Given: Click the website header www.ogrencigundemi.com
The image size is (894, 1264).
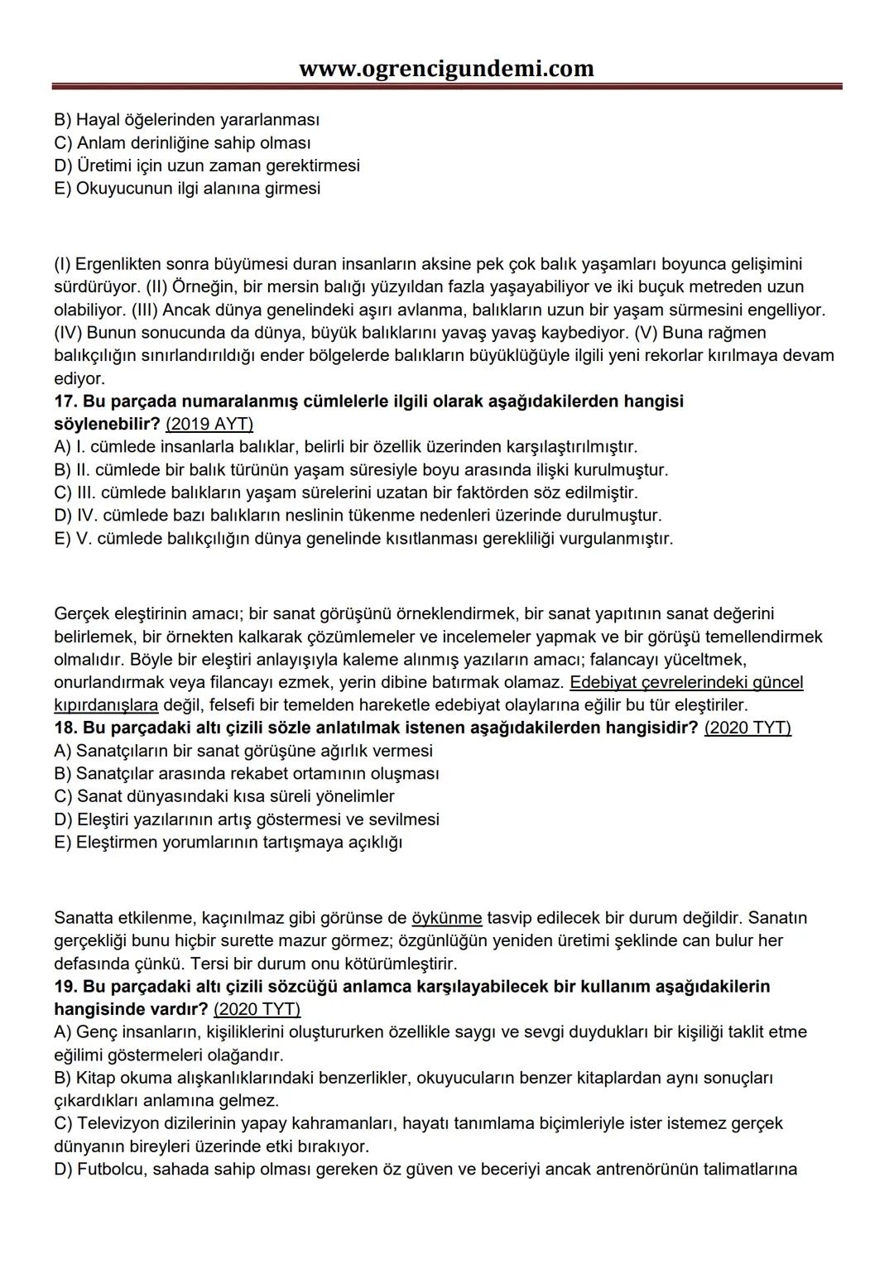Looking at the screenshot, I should [446, 68].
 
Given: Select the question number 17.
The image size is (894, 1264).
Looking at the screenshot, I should [65, 401].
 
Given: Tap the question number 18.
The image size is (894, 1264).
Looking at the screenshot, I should [65, 728].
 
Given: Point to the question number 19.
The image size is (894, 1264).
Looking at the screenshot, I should [65, 987].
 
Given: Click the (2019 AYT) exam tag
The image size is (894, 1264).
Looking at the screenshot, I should [209, 425].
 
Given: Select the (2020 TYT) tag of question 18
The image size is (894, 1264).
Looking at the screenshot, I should [747, 728].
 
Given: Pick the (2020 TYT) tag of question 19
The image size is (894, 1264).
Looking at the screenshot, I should [257, 1010].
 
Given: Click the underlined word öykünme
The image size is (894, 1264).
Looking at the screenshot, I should [446, 918].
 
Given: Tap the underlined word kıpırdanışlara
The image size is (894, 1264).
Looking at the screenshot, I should [106, 705].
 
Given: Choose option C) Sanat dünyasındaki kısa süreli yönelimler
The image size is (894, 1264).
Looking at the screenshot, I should [223, 796].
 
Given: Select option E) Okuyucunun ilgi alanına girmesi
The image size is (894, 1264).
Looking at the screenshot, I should [187, 188].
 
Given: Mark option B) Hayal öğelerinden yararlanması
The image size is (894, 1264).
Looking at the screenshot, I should [187, 120].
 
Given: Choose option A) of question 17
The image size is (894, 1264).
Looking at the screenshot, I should [345, 447].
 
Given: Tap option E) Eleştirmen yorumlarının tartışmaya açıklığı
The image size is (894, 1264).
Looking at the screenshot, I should [228, 843].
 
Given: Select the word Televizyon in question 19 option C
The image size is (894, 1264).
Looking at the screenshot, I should [117, 1123].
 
